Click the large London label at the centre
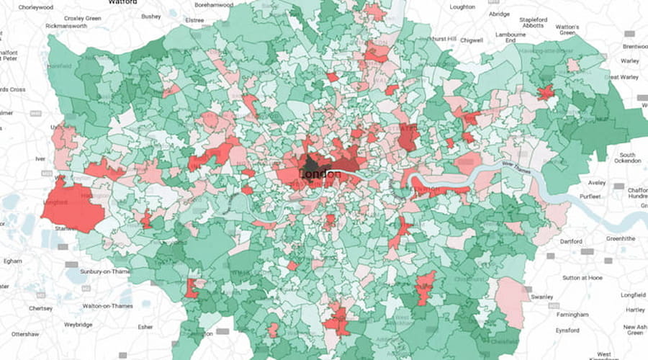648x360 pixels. (x=320, y=175)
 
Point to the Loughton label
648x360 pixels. (x=462, y=7)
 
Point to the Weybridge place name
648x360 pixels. (x=78, y=325)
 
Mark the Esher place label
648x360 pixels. (x=145, y=326)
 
